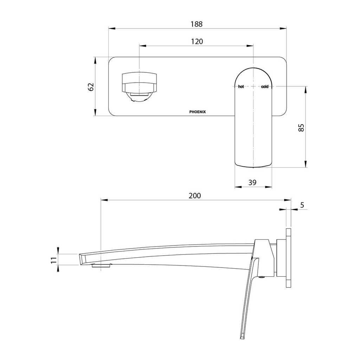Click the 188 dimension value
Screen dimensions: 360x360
tap(197, 24)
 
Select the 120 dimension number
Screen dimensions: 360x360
tap(197, 41)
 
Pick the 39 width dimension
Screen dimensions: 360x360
tap(252, 182)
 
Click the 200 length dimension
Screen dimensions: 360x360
tap(195, 195)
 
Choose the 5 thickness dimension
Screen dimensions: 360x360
tap(302, 205)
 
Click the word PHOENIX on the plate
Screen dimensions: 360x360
tap(198, 112)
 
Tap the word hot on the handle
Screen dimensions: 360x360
tap(241, 86)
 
